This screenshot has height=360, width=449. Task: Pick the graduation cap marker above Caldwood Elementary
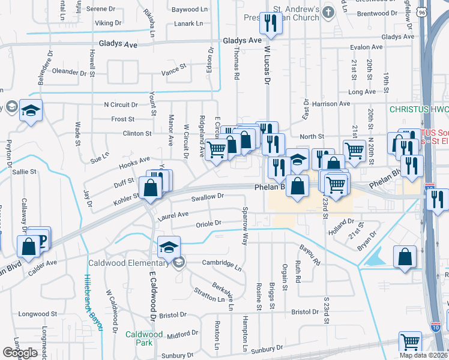(x=169, y=246)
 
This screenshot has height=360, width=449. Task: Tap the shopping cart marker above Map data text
(x=411, y=342)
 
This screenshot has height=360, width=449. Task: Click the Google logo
(x=20, y=353)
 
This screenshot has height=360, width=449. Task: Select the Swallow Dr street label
(x=207, y=196)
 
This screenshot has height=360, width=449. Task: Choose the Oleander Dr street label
(x=70, y=71)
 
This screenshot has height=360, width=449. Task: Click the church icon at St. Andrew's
(x=328, y=11)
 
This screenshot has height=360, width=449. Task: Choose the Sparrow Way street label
(x=244, y=227)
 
